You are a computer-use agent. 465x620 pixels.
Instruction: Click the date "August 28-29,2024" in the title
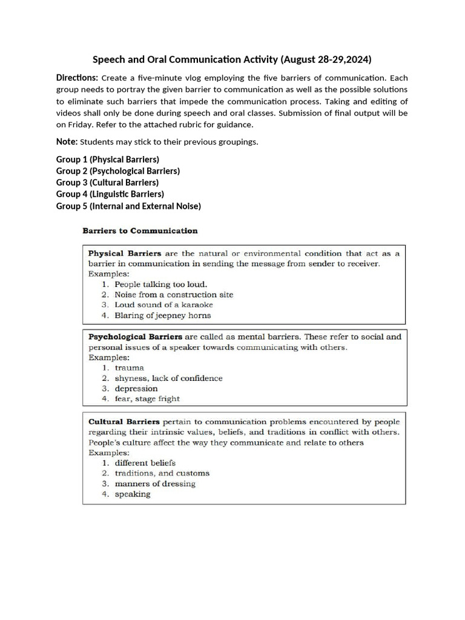tap(328, 59)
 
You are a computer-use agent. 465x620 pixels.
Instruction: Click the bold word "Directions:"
tap(77, 78)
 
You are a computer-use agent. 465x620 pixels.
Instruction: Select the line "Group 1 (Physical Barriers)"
tap(108, 159)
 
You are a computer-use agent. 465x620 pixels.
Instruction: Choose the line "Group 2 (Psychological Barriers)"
tap(118, 171)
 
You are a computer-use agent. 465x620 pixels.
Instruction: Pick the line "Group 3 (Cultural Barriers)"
tap(107, 182)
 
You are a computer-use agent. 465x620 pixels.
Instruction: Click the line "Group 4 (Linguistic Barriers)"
tap(110, 194)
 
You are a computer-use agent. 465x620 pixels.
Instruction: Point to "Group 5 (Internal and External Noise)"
tap(128, 206)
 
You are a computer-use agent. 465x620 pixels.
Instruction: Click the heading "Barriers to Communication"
tap(140, 231)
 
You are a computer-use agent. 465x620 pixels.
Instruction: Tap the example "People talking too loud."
tap(160, 284)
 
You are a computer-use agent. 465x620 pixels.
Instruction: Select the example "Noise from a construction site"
tap(174, 294)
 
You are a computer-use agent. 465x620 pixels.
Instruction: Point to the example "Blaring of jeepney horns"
tap(163, 315)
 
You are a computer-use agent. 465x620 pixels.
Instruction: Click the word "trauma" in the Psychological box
tap(130, 368)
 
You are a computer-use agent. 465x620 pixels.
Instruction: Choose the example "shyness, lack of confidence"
tap(168, 378)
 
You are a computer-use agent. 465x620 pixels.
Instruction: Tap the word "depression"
tap(136, 388)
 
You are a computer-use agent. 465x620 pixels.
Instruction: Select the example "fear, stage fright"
tap(147, 398)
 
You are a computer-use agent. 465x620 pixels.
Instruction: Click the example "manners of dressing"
tap(155, 484)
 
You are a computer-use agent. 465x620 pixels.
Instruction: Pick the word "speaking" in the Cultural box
tap(133, 494)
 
